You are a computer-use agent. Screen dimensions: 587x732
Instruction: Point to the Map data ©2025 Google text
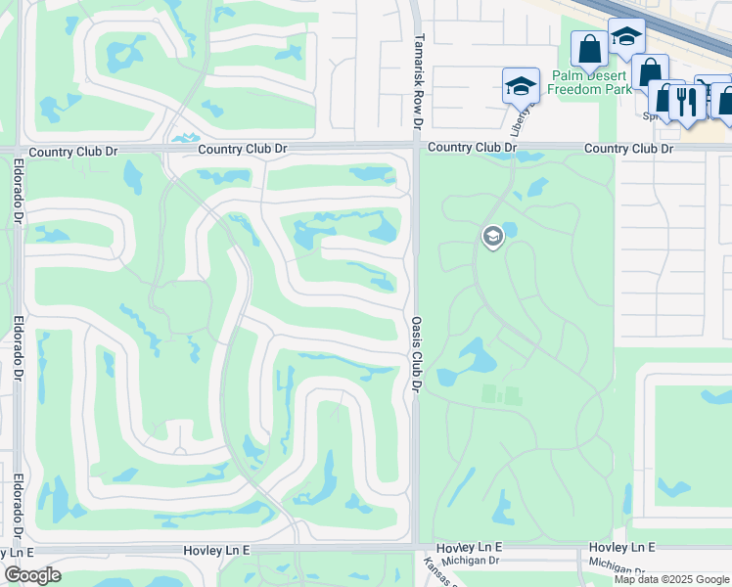[670, 579]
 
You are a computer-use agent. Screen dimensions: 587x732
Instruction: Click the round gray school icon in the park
[492, 236]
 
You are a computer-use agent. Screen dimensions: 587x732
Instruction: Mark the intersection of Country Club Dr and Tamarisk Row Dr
[416, 148]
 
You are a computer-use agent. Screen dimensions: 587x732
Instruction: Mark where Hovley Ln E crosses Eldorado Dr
[19, 550]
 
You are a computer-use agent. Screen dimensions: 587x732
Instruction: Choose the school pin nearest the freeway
[625, 37]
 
